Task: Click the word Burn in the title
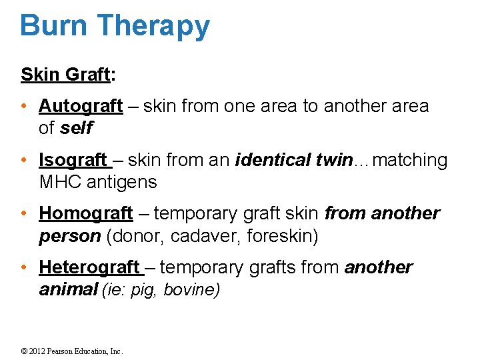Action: coord(53,25)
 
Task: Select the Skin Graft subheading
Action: coord(65,75)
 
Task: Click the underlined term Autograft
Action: coord(81,107)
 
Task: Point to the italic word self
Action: coord(76,128)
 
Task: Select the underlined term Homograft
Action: coord(86,214)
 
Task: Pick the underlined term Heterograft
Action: coord(90,268)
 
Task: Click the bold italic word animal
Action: coord(68,289)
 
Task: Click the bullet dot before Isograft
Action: coord(24,161)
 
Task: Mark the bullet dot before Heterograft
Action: coord(24,268)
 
